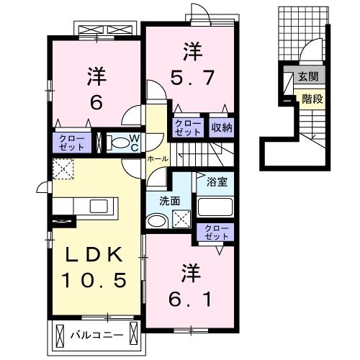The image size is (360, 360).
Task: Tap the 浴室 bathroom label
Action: [x=217, y=181]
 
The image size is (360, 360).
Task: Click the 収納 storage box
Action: [x=222, y=128]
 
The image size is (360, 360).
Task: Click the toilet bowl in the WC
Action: [x=117, y=143]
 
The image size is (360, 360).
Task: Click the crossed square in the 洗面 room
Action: [x=181, y=218]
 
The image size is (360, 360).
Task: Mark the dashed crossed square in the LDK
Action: [x=63, y=170]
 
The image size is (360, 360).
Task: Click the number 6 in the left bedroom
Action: [x=95, y=102]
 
